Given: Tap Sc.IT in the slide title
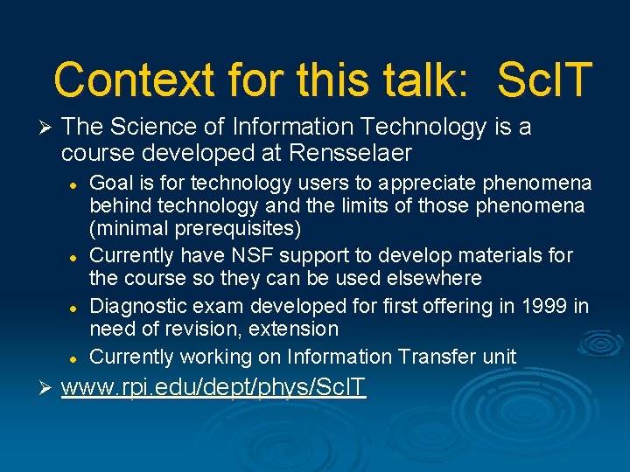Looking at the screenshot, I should [x=544, y=80].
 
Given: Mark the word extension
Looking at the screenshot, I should [x=295, y=329].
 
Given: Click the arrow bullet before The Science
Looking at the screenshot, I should [x=45, y=128].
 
